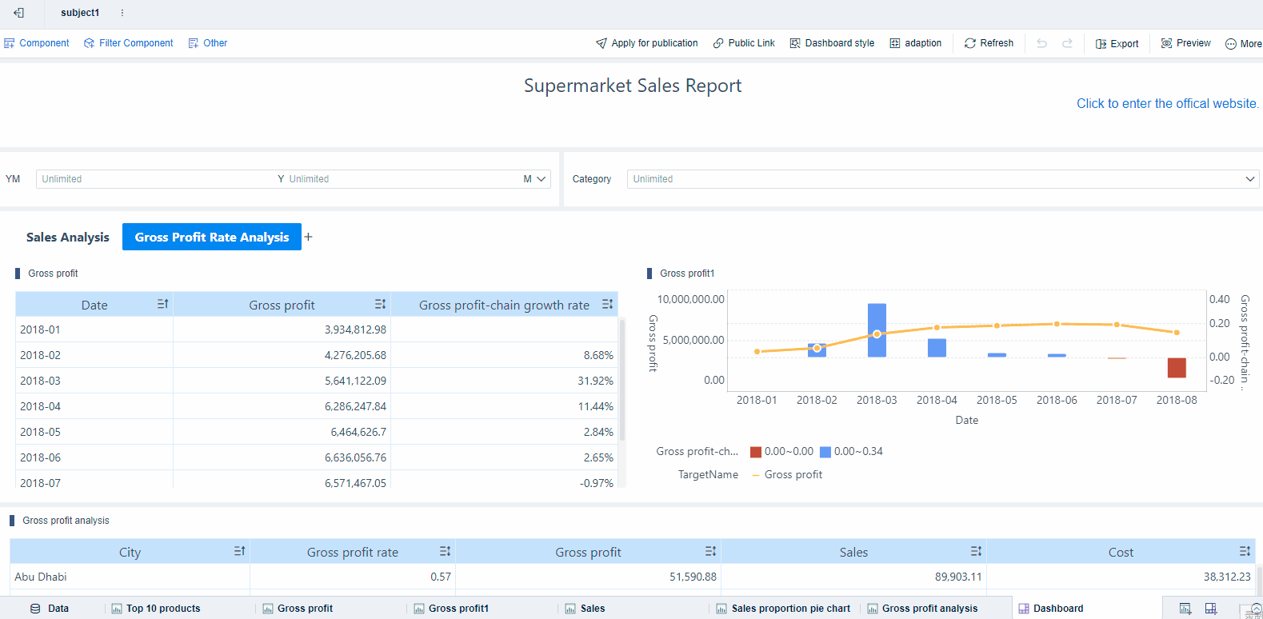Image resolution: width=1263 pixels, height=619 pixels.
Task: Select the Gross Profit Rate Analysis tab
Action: click(211, 238)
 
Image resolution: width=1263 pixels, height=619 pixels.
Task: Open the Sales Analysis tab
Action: click(67, 238)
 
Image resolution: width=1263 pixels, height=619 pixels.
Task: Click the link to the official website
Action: click(1167, 104)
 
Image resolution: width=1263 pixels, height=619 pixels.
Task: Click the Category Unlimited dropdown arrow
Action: click(1249, 179)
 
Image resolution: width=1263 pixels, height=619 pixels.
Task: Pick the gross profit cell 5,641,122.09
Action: click(355, 381)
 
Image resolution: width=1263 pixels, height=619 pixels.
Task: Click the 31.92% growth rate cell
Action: click(595, 381)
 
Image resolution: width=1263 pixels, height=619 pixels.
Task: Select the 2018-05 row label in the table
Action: click(40, 432)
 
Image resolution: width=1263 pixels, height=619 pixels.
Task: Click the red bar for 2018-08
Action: click(1177, 367)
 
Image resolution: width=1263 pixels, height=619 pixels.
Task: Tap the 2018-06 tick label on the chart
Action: click(1057, 400)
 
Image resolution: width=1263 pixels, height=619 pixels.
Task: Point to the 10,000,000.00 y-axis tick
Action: click(690, 299)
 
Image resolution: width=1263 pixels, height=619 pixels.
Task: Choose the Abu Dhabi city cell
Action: click(41, 577)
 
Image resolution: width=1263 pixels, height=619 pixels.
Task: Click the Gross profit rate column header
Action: click(352, 552)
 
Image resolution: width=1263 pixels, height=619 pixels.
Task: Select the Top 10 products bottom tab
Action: click(162, 609)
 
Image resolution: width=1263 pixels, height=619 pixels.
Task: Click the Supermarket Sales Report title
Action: click(632, 86)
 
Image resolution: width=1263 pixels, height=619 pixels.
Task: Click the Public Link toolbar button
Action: click(744, 43)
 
